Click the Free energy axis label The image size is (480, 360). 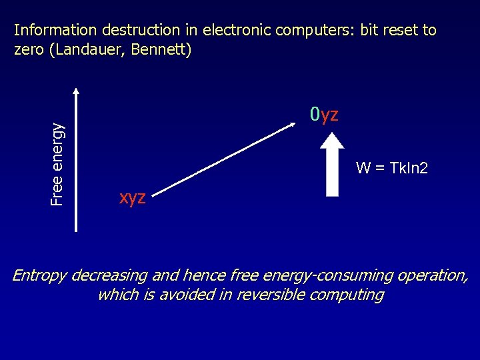tap(59, 164)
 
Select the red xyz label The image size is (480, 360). tap(132, 197)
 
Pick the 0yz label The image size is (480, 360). tap(324, 115)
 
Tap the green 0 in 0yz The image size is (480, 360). tap(315, 115)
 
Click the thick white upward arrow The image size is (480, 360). tap(332, 163)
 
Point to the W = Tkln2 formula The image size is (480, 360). tap(392, 168)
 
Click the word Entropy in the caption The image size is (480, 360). tap(39, 275)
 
